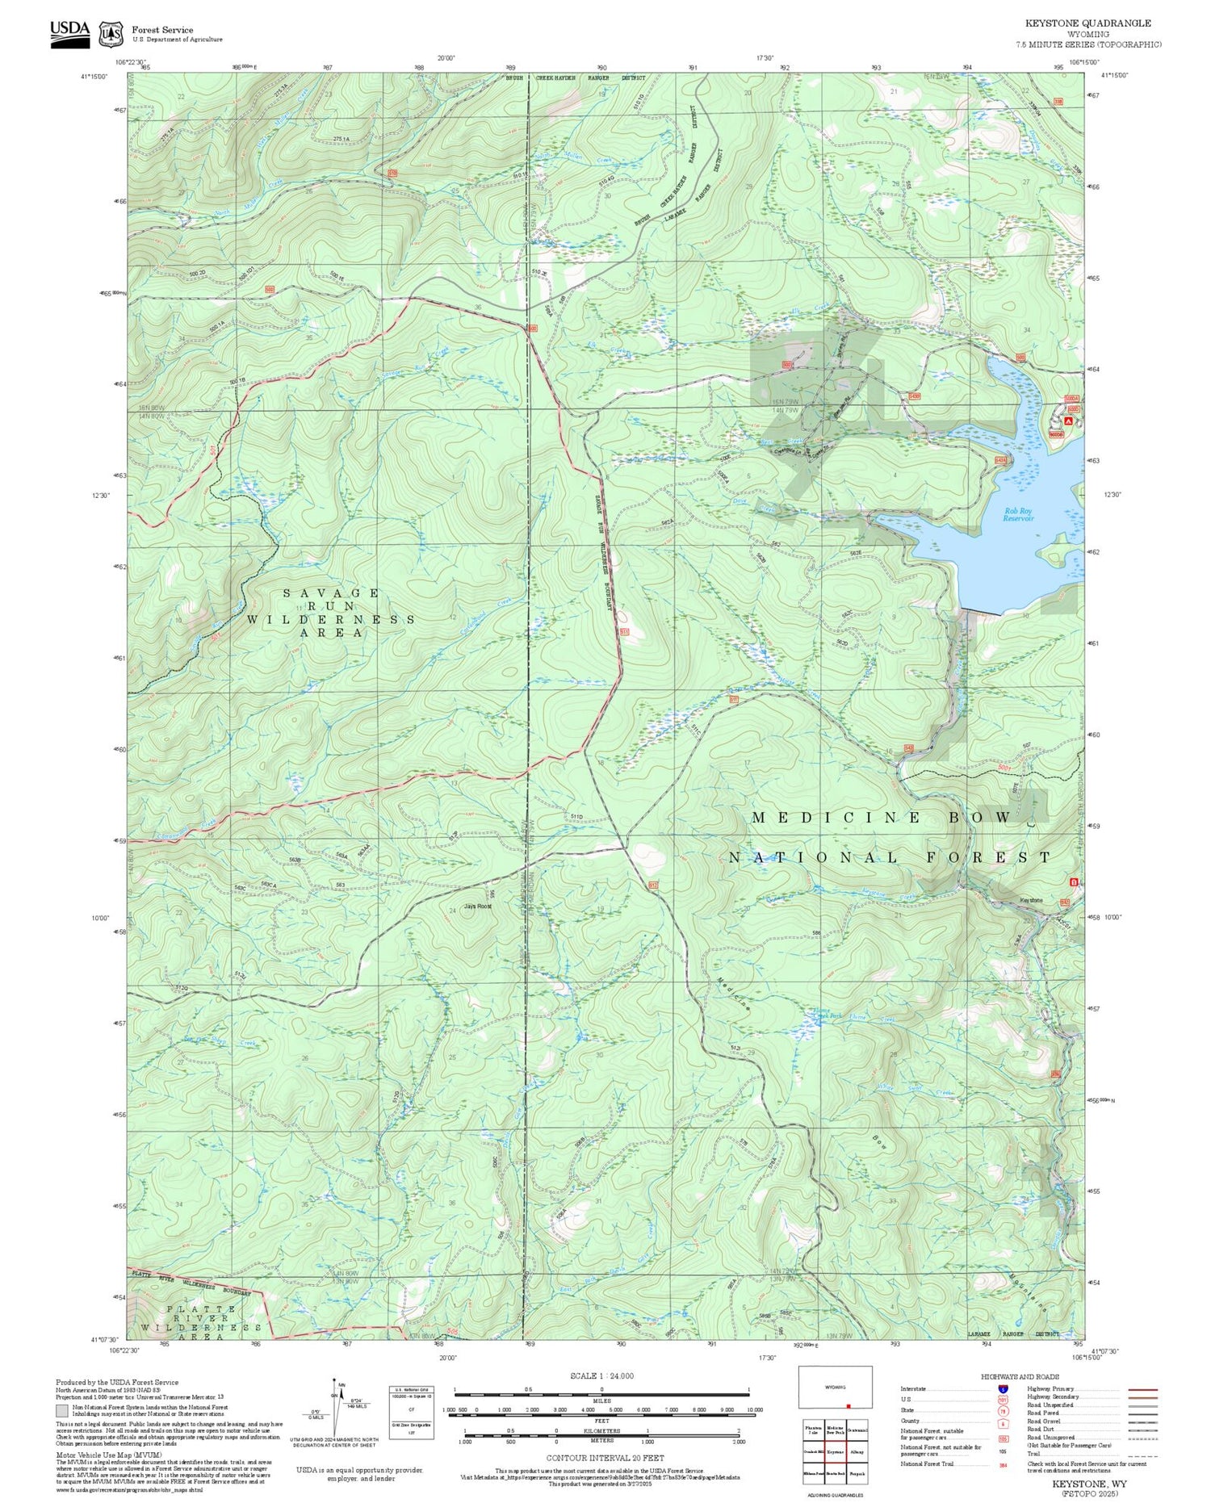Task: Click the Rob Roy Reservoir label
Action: tap(1018, 514)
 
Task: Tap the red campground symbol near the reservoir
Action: tap(1068, 421)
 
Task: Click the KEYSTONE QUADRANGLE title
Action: tap(1087, 23)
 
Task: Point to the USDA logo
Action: tap(70, 33)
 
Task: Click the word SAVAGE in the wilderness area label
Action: tap(331, 592)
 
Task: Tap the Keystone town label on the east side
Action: tap(1031, 900)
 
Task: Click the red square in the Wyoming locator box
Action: tap(848, 1405)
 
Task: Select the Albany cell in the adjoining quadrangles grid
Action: tap(857, 1451)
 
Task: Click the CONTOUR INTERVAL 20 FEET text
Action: tap(605, 1458)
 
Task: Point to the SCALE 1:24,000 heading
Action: tap(601, 1375)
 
